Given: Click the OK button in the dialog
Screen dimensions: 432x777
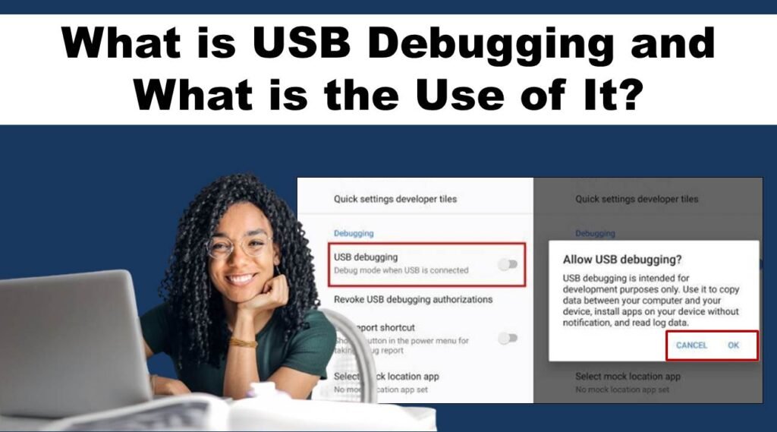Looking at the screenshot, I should click(x=733, y=345).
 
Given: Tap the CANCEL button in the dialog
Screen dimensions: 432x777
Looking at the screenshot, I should click(x=691, y=345).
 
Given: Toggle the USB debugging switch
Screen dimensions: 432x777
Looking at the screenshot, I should click(x=508, y=263).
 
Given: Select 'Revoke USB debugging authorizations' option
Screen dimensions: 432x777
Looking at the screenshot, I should click(x=413, y=299).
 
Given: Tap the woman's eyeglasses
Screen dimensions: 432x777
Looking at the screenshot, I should click(x=238, y=245).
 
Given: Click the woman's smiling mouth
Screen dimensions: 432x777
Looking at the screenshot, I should click(x=242, y=279).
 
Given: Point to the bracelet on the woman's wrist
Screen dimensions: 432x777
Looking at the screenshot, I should click(x=243, y=342).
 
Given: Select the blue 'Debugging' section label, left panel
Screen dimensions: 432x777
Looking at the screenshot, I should click(x=354, y=233).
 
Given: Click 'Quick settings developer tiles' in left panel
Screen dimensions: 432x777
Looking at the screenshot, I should click(x=395, y=199).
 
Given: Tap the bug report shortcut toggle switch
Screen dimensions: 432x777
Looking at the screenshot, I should click(x=508, y=338).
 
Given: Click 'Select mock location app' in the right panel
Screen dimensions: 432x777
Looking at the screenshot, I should click(x=628, y=377).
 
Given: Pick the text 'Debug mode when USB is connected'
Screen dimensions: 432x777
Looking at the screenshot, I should click(x=401, y=270).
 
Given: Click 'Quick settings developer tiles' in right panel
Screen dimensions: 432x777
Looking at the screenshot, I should click(x=637, y=199).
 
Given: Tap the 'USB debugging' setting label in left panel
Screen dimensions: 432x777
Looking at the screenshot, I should click(x=366, y=257).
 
